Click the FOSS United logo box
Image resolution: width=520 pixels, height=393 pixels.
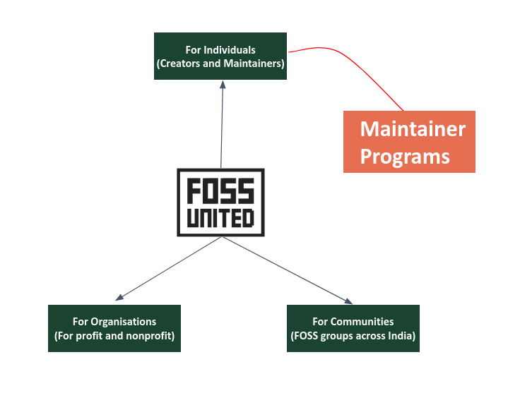tap(220, 202)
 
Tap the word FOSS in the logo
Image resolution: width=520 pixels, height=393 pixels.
tap(220, 191)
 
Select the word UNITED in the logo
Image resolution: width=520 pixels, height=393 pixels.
tap(220, 218)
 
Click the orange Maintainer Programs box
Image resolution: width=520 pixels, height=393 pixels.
tap(409, 142)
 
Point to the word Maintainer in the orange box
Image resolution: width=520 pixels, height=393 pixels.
tap(413, 129)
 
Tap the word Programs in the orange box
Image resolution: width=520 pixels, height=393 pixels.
tap(405, 157)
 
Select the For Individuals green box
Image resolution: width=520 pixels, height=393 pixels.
tap(220, 56)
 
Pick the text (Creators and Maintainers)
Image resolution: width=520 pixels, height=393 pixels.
tap(220, 64)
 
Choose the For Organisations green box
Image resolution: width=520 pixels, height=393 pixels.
tap(114, 328)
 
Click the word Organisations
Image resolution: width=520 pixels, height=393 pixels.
tap(124, 322)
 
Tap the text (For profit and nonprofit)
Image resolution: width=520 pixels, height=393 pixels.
tap(114, 336)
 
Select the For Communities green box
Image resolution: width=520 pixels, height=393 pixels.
tap(353, 328)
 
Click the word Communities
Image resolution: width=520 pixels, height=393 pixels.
tap(362, 322)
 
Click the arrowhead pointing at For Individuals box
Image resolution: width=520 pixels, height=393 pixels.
tap(223, 85)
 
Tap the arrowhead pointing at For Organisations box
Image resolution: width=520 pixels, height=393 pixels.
tap(119, 297)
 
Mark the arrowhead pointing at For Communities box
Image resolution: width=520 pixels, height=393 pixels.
tap(348, 301)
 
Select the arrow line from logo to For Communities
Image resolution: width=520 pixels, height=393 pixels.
tap(287, 270)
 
